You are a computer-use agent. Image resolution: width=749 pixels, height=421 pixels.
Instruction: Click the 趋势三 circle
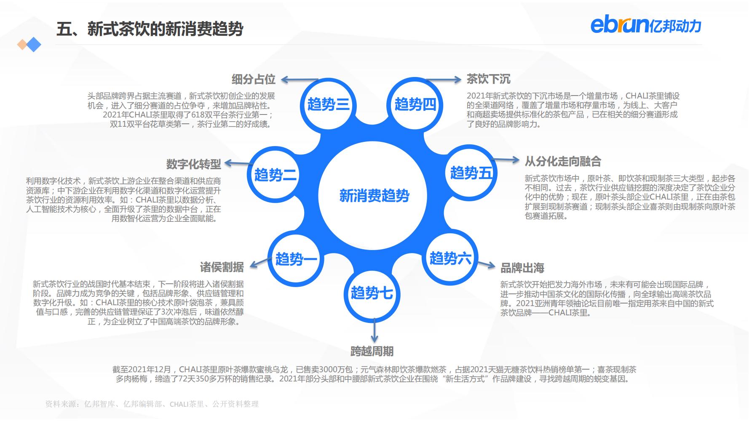point(328,104)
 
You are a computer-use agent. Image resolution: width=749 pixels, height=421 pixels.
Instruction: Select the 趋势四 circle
point(415,104)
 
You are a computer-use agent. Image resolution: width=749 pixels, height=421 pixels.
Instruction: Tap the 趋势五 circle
point(471,173)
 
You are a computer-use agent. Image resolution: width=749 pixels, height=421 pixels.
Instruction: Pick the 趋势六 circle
point(450,258)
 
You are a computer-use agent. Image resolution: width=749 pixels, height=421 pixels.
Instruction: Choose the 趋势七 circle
point(372,293)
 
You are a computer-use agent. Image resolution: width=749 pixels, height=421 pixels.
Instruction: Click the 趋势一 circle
point(296,258)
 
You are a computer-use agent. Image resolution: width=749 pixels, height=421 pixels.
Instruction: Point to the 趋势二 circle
point(275,174)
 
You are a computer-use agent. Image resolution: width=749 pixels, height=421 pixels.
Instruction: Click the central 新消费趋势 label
point(374,196)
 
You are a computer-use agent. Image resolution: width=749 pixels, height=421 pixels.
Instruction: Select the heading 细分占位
point(253,79)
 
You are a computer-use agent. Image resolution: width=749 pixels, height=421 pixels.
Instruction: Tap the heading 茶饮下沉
point(488,79)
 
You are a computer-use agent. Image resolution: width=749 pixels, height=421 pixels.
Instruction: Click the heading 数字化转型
point(193,164)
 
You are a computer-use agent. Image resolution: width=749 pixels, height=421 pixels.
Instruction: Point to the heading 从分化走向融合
point(562,161)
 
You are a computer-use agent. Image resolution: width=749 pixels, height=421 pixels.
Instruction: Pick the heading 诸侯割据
point(222,267)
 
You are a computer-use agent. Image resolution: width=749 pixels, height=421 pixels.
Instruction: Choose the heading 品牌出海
point(522,268)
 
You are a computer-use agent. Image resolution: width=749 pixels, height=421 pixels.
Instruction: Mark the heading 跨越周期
point(372,351)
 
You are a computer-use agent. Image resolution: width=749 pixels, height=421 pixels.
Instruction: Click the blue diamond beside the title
point(34,45)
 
